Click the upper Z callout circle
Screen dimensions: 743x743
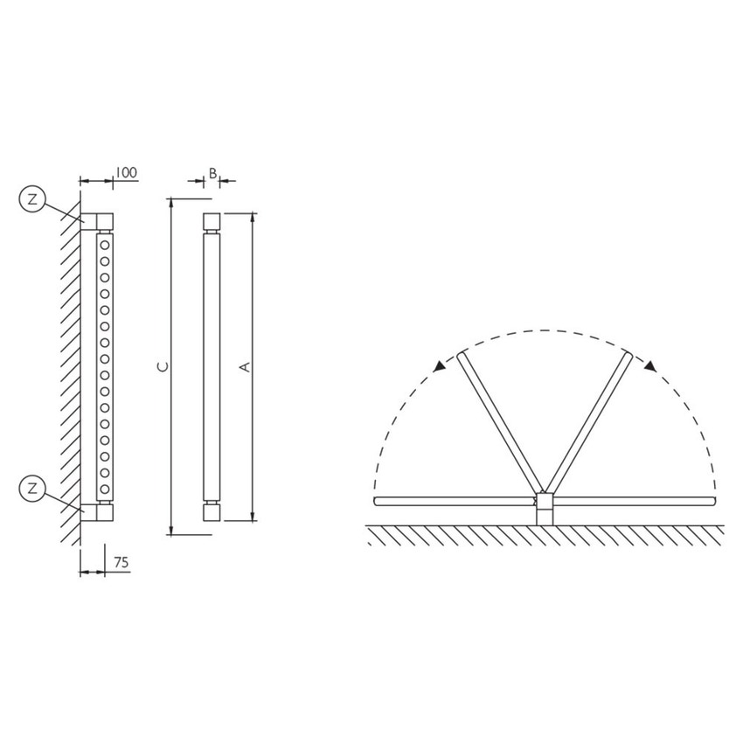pos(32,200)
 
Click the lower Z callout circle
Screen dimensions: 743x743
pos(32,488)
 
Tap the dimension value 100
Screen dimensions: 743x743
pos(126,173)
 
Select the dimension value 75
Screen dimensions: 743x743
pos(121,563)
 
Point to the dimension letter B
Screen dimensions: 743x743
pos(212,173)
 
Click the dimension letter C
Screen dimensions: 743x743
pos(161,367)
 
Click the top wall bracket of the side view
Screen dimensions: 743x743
pos(96,219)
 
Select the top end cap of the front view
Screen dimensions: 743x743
pos(212,220)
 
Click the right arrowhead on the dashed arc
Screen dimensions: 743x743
pos(649,368)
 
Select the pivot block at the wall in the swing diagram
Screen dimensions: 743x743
pos(544,508)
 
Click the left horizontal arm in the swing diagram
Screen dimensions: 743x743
pos(455,501)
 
